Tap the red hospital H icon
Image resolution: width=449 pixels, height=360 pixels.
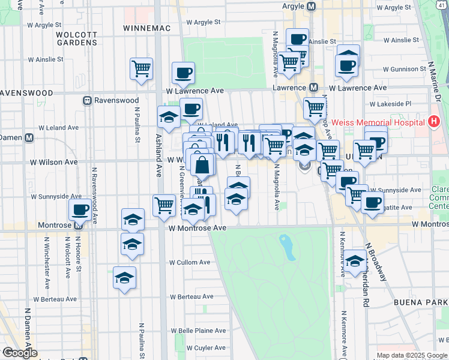click(x=435, y=122)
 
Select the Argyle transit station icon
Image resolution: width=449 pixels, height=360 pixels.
click(x=311, y=7)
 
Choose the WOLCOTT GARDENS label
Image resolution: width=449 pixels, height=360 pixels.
click(x=76, y=39)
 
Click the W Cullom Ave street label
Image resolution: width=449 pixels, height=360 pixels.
click(x=189, y=262)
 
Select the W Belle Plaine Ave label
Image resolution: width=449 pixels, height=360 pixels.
click(x=198, y=331)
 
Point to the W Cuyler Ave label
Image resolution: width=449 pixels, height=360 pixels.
click(x=204, y=347)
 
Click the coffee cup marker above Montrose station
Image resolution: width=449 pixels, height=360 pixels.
click(x=80, y=210)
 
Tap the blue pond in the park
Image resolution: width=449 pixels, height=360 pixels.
click(x=288, y=247)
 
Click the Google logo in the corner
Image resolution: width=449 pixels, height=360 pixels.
click(x=20, y=353)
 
